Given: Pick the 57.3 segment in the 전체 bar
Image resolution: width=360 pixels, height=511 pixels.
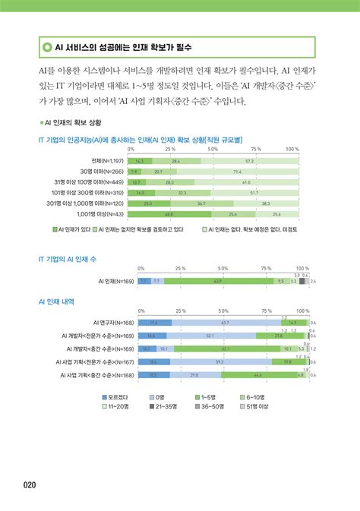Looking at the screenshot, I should (250, 162).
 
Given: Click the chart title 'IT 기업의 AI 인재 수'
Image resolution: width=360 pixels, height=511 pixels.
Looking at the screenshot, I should (69, 259).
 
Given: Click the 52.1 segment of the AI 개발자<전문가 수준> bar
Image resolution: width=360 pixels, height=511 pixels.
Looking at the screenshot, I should (210, 335).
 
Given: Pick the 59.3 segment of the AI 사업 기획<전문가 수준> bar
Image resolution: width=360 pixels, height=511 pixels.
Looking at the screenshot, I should (220, 362).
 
